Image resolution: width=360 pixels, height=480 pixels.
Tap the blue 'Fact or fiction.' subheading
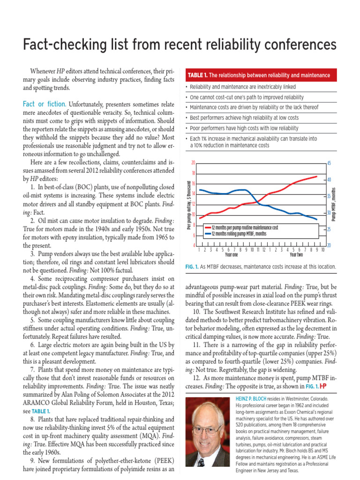coord(45,104)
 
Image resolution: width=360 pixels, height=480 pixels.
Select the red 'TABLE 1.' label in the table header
coord(198,75)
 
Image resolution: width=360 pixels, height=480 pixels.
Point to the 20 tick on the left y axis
coord(193,163)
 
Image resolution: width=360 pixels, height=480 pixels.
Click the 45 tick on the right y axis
coord(329,163)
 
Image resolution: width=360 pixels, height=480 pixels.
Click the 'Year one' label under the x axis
coord(232,255)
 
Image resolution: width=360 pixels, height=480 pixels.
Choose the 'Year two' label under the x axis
coord(296,255)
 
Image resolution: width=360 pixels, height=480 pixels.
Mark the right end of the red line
coord(317,177)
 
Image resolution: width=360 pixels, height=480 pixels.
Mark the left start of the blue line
coord(200,190)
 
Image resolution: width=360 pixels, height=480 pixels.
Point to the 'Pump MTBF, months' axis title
coord(334,204)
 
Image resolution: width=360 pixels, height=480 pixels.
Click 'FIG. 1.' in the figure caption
coord(193,267)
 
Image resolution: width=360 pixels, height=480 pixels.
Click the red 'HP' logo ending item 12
coord(323,386)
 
